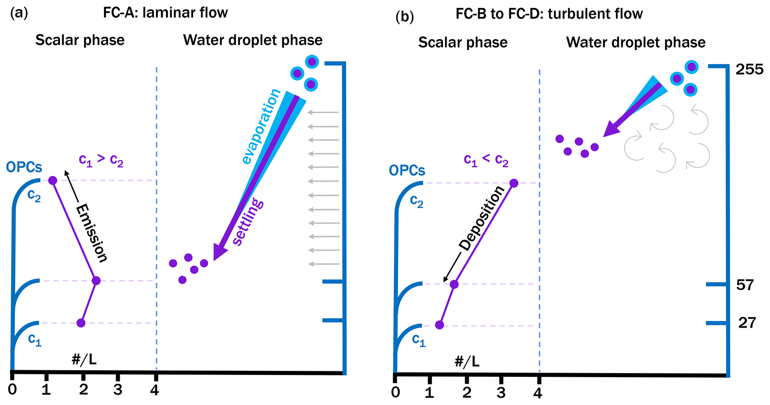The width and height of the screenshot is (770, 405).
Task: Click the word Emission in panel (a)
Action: (92, 233)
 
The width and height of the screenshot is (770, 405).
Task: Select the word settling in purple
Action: (248, 222)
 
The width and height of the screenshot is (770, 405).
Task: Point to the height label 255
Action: (749, 70)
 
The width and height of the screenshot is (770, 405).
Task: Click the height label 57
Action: (745, 285)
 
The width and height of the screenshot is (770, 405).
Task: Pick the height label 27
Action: (747, 323)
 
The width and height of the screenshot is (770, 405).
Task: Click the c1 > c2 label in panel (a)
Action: (101, 160)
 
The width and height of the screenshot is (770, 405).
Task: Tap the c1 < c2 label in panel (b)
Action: (486, 160)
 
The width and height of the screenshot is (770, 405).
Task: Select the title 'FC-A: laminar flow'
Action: (165, 13)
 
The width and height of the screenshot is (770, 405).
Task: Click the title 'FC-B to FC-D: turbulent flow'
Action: (549, 14)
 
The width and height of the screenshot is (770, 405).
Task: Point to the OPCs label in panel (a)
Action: (24, 168)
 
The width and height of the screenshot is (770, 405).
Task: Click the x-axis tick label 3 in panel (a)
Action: (118, 390)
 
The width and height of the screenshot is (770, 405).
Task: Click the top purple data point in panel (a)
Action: (53, 181)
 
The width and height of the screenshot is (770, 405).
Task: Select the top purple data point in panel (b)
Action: (514, 183)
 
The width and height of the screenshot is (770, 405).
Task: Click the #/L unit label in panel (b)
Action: (467, 361)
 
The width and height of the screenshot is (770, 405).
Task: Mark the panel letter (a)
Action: (19, 13)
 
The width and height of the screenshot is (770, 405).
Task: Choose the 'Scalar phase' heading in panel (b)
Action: (463, 42)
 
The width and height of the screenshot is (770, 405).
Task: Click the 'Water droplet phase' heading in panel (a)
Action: (253, 40)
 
